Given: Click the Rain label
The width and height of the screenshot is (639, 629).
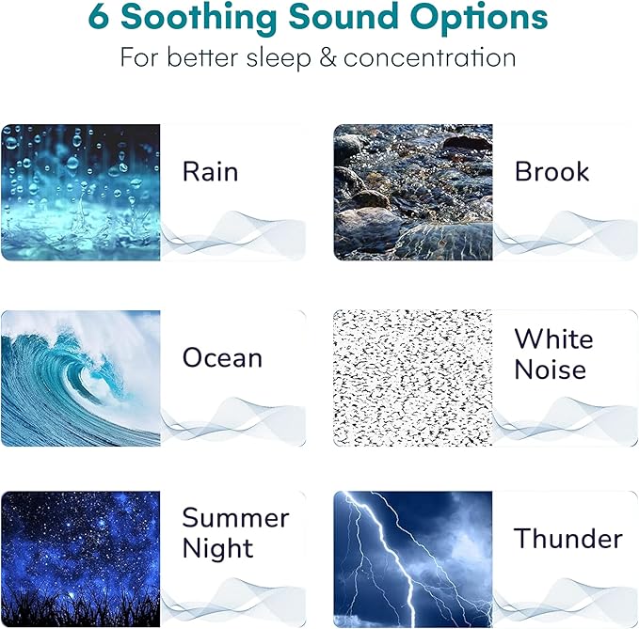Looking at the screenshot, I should [x=210, y=172].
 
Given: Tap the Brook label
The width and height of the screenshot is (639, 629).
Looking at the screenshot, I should [x=551, y=172].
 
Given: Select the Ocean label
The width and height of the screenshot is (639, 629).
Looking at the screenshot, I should [x=222, y=358].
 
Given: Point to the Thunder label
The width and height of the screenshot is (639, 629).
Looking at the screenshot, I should [x=567, y=539].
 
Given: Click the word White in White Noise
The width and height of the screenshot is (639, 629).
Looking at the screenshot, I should [x=553, y=338].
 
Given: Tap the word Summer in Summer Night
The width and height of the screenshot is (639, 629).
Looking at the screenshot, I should [x=235, y=518].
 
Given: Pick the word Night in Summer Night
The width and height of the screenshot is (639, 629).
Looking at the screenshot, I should [x=217, y=549].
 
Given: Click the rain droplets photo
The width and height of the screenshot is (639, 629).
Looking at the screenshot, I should [x=81, y=192].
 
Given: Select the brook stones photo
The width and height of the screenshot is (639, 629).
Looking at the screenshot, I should [x=413, y=192].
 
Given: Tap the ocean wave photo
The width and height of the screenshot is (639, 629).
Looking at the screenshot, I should [x=81, y=377].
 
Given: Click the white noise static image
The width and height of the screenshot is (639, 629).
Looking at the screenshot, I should [x=413, y=377].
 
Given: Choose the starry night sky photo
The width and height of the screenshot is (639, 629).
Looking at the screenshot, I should [x=81, y=558].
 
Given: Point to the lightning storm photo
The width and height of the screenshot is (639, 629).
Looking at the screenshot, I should [x=413, y=558].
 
